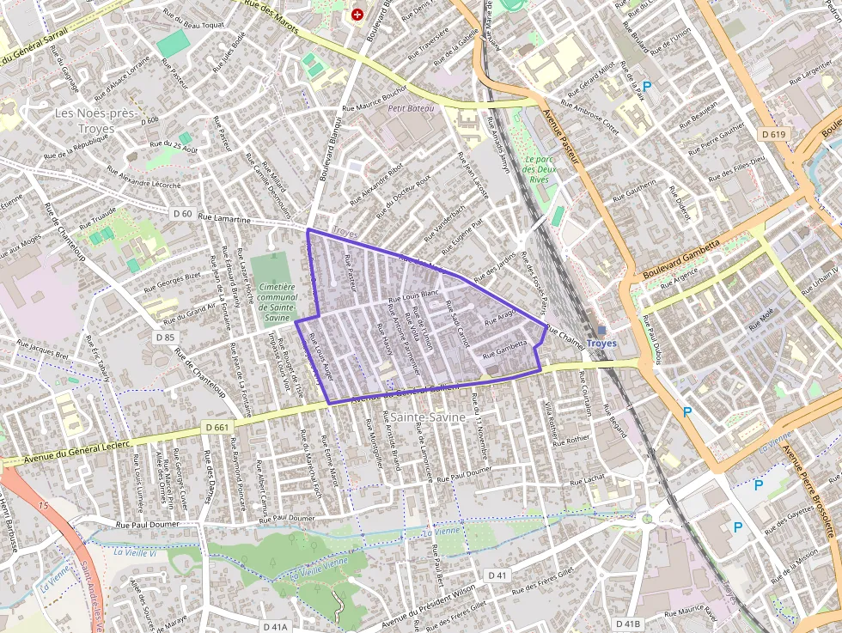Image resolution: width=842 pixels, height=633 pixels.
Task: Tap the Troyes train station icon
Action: pyautogui.click(x=601, y=330)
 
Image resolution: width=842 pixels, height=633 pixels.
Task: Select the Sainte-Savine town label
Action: pyautogui.click(x=427, y=417)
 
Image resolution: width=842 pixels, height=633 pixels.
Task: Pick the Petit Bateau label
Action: pyautogui.click(x=412, y=109)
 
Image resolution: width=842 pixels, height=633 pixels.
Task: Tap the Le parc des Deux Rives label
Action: pyautogui.click(x=539, y=169)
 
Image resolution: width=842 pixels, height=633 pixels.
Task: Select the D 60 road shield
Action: pyautogui.click(x=181, y=213)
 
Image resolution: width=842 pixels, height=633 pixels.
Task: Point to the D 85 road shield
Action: pyautogui.click(x=165, y=338)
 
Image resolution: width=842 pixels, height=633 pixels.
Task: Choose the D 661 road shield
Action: pyautogui.click(x=218, y=427)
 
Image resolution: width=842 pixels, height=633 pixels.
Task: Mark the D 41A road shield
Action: pyautogui.click(x=275, y=627)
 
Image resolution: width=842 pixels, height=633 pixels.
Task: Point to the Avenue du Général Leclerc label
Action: pyautogui.click(x=76, y=452)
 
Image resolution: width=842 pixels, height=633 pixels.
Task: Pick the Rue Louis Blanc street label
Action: pyautogui.click(x=414, y=295)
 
